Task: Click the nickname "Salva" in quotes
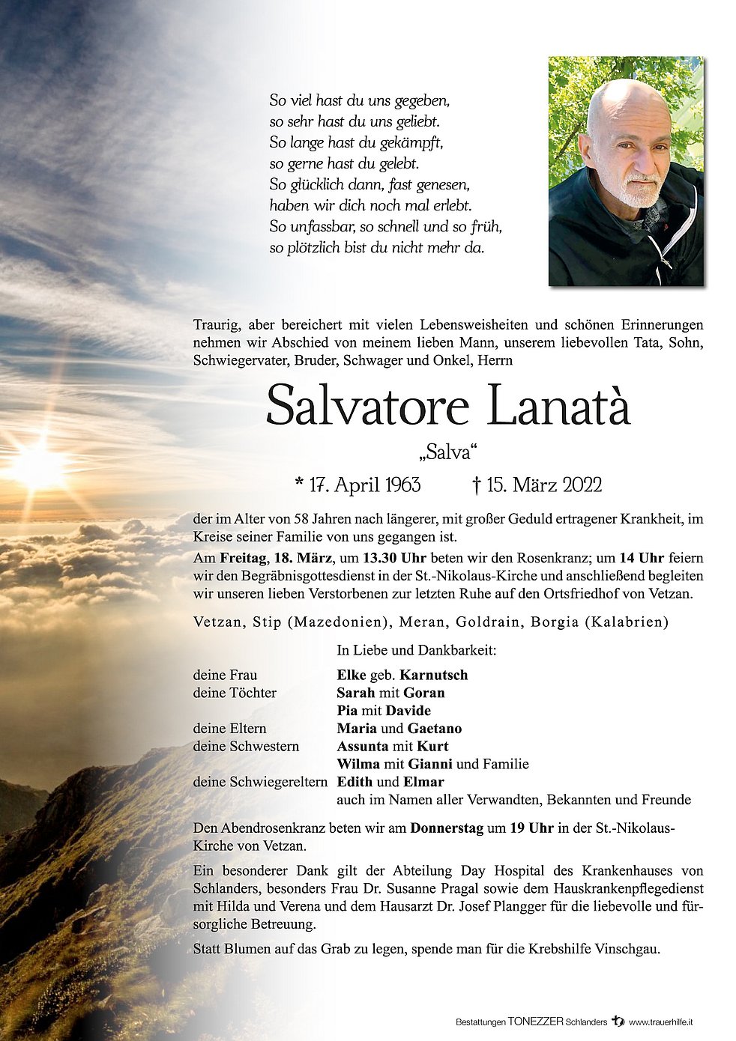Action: click(x=448, y=452)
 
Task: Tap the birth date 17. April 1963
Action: click(x=358, y=485)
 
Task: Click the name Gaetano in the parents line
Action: click(x=435, y=728)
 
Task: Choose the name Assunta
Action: click(x=363, y=746)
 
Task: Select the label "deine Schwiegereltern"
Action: click(x=260, y=782)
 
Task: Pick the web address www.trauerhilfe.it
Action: click(x=660, y=1022)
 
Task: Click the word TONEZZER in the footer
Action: click(x=534, y=1022)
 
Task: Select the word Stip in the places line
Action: click(x=268, y=622)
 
